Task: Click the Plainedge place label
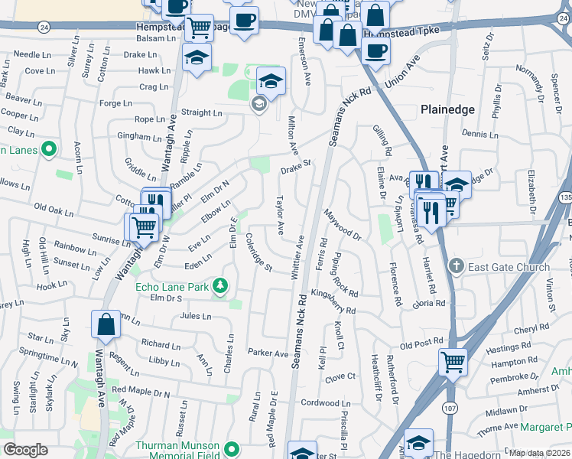pos(447,109)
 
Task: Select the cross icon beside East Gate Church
pos(456,266)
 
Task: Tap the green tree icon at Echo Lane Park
pos(221,286)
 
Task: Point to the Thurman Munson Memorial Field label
pos(178,451)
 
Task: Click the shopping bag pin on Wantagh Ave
pos(106,325)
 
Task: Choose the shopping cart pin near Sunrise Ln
pos(141,226)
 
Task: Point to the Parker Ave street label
pos(268,353)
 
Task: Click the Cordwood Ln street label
pos(325,403)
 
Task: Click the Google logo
pos(25,450)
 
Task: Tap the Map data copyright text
pos(538,453)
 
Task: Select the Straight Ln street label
pos(201,112)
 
